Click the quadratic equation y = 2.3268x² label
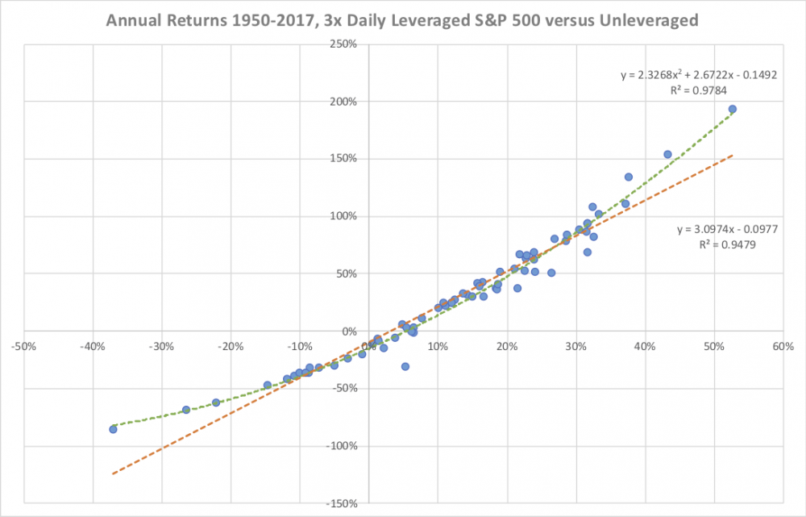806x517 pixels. [x=698, y=75]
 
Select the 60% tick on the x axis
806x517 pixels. [x=783, y=347]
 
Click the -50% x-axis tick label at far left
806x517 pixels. [x=22, y=347]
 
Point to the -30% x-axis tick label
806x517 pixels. [x=161, y=347]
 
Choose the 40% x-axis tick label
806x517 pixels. [x=644, y=347]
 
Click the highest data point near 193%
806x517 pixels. [x=733, y=109]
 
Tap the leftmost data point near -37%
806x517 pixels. [x=113, y=429]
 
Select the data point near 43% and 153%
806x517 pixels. [x=667, y=154]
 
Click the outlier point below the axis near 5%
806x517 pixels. [x=405, y=366]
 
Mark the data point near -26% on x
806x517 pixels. [x=186, y=410]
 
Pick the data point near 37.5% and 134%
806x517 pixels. [x=629, y=177]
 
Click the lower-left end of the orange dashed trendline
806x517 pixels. [x=113, y=473]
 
